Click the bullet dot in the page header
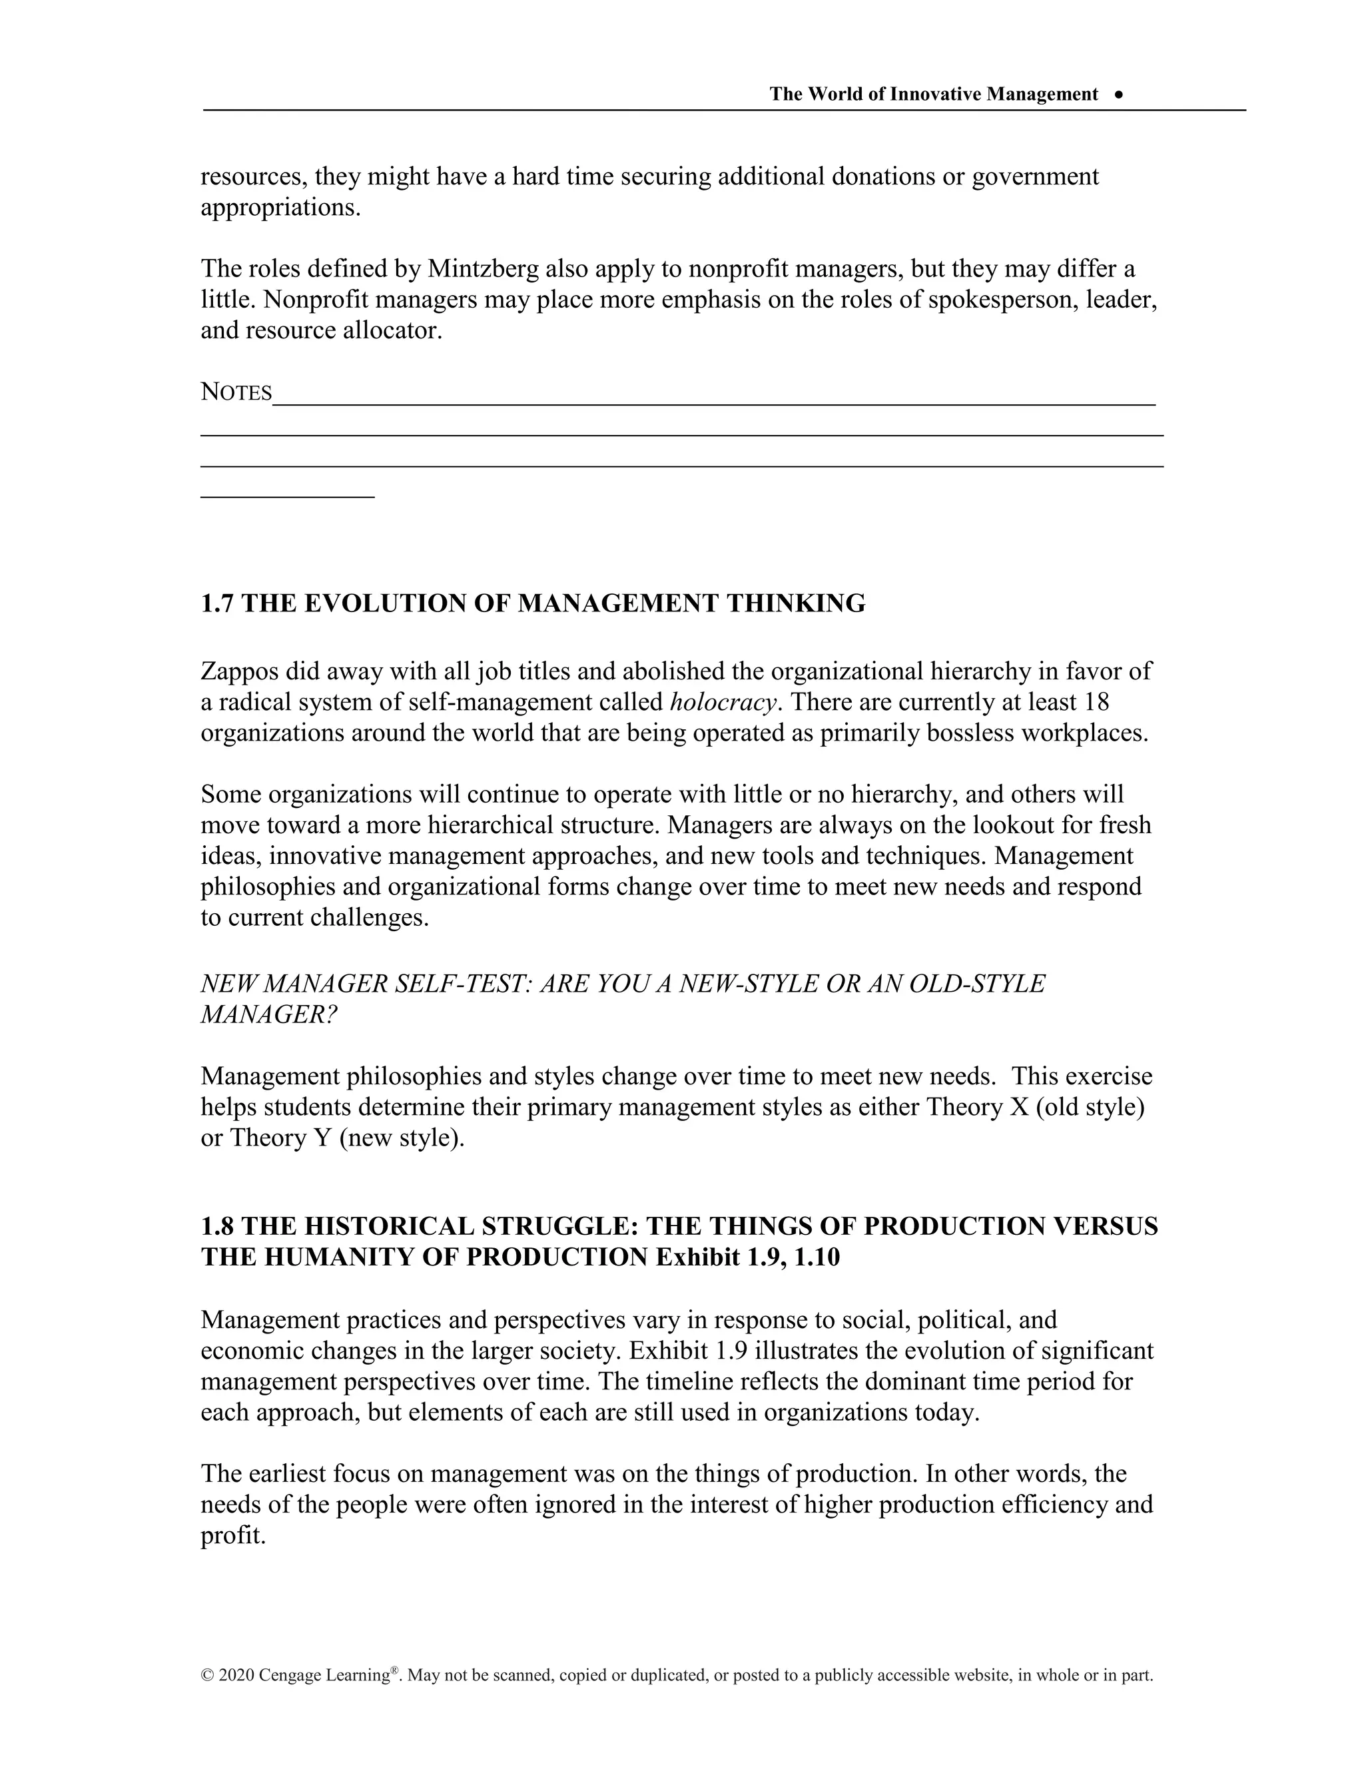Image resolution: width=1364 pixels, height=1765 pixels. (1118, 95)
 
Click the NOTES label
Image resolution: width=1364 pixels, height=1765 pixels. (236, 393)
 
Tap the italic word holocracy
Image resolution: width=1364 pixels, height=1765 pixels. (723, 702)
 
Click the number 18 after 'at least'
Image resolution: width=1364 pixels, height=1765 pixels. (1096, 702)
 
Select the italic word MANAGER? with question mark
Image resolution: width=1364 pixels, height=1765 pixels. (268, 1014)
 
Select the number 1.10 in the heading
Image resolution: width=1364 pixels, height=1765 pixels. (817, 1257)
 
